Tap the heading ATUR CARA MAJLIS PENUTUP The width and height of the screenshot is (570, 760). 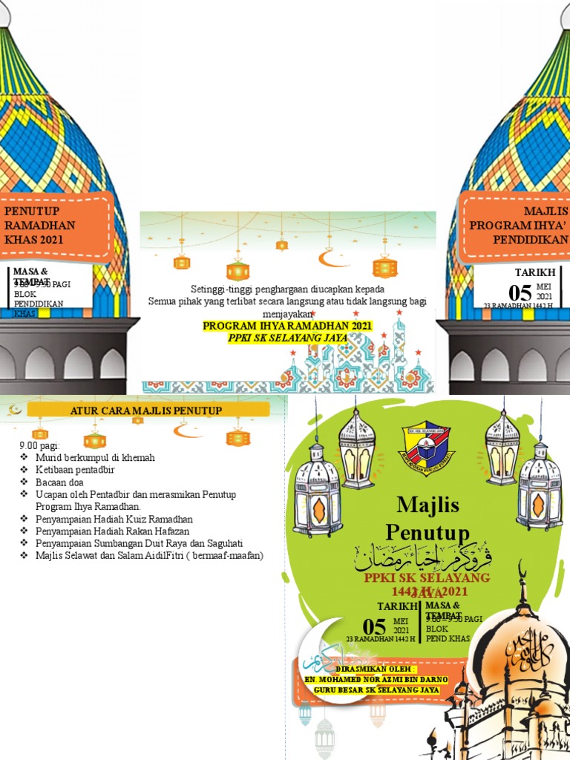coord(145,410)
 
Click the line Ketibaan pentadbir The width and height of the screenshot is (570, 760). coord(75,470)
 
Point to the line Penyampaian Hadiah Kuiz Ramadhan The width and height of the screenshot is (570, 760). coord(114,519)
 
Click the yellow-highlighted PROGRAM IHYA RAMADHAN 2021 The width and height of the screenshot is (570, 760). coord(288,326)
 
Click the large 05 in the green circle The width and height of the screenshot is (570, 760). coord(374,626)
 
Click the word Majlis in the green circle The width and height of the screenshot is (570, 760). coord(428,505)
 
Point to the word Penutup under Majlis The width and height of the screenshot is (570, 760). coord(428,532)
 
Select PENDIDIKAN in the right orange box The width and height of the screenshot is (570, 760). coord(531,240)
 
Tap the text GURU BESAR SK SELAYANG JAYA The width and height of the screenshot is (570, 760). coord(376,689)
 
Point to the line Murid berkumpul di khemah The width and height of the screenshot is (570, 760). coord(95,458)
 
